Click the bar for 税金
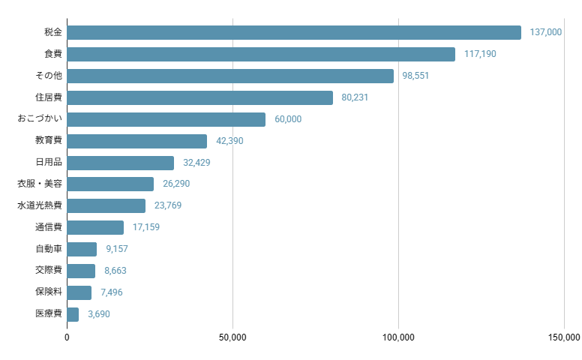click(294, 32)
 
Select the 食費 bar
click(261, 54)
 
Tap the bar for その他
click(230, 76)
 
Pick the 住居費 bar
click(199, 97)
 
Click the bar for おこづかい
click(166, 119)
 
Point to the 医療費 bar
click(73, 314)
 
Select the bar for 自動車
click(82, 249)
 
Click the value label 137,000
click(545, 32)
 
